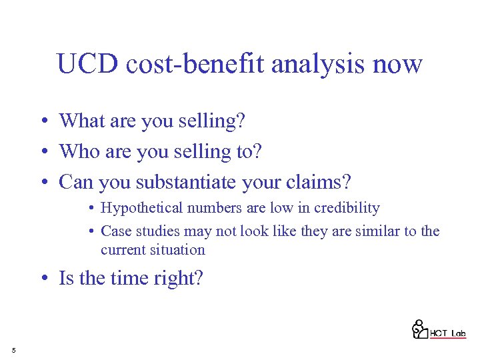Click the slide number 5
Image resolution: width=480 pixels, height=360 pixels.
click(13, 350)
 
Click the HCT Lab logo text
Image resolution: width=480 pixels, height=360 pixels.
click(447, 333)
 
